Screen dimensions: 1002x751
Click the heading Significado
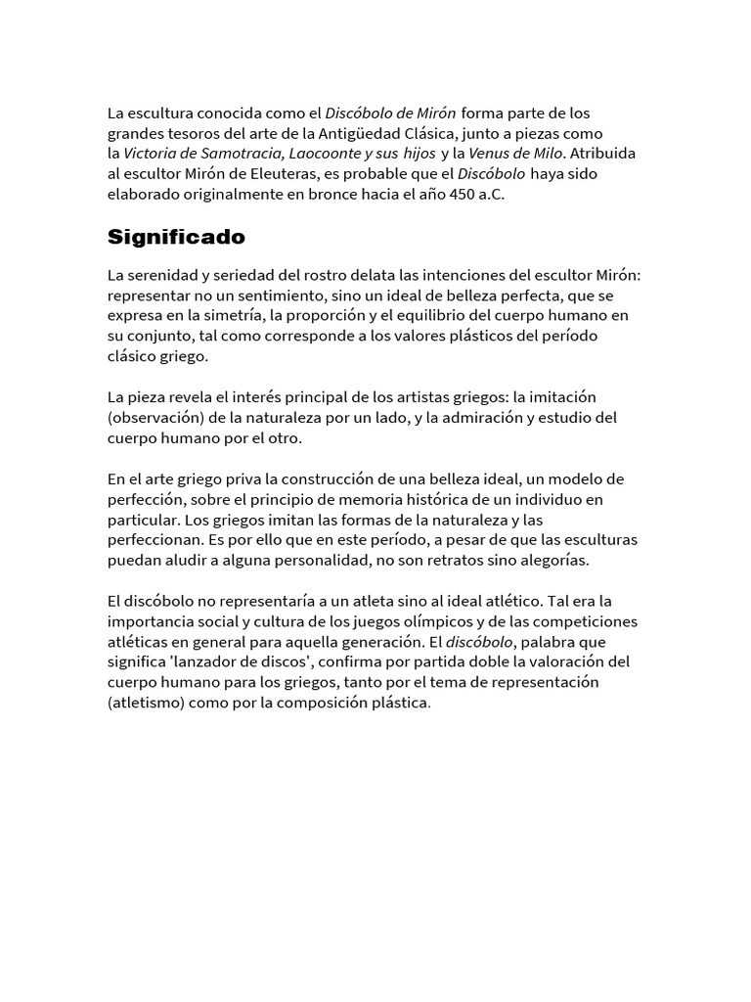point(176,237)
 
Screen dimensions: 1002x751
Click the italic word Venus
point(490,153)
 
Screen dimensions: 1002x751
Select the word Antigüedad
point(412,132)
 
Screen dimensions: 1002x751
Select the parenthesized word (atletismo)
point(152,704)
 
